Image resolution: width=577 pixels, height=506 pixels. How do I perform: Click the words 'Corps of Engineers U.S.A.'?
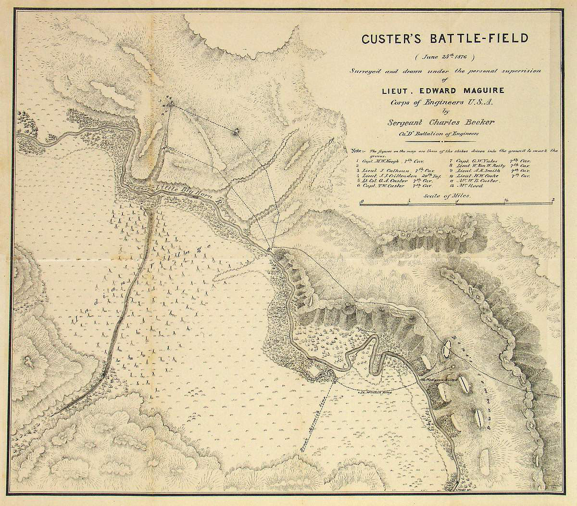[x=440, y=102]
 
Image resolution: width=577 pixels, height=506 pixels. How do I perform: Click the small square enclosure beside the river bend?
[x=315, y=370]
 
